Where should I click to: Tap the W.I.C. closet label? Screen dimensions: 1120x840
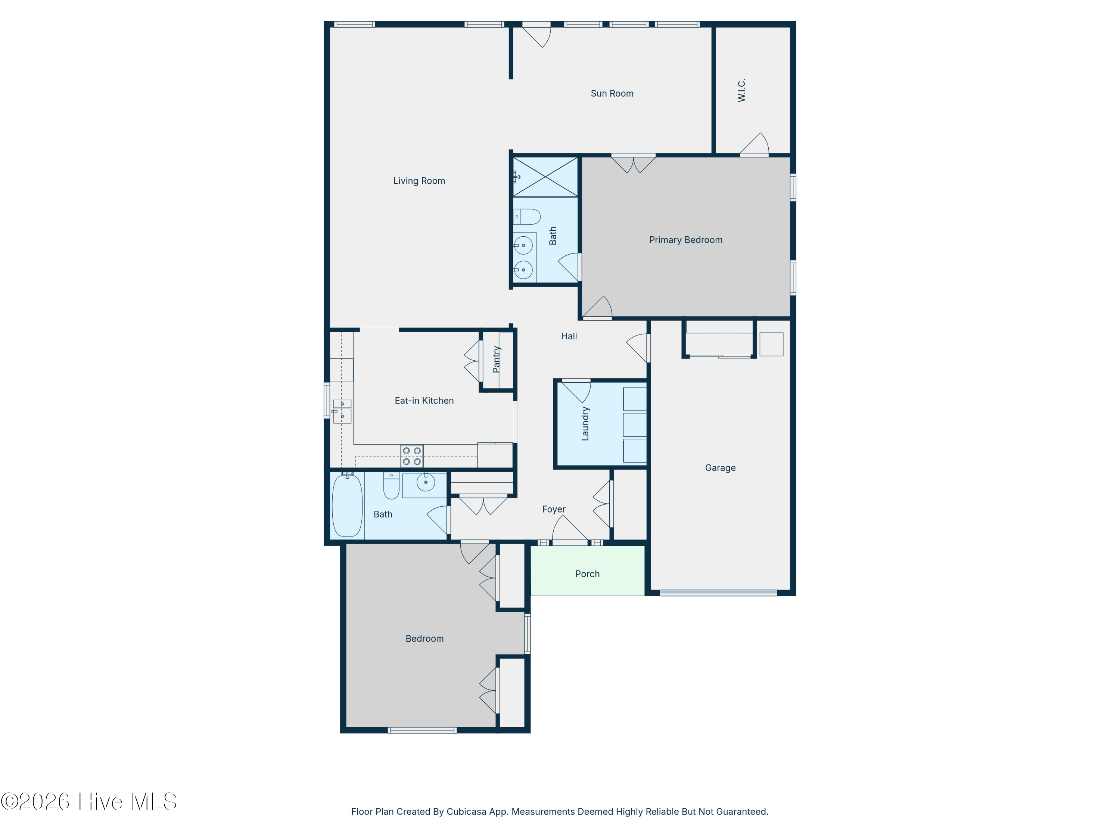click(x=742, y=90)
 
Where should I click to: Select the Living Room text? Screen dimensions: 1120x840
click(x=419, y=181)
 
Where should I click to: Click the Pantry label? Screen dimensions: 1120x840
click(x=497, y=360)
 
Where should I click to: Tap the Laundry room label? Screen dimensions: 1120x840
click(x=585, y=424)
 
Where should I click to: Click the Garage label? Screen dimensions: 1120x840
click(x=720, y=468)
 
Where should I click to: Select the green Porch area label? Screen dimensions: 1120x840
click(x=587, y=574)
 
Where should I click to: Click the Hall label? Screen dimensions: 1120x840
click(x=569, y=336)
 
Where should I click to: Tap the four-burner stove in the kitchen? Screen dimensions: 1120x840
click(x=412, y=456)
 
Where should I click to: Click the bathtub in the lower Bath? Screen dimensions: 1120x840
click(x=347, y=505)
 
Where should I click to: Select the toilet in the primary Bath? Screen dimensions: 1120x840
click(x=526, y=217)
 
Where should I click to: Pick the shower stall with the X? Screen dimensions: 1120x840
click(x=545, y=177)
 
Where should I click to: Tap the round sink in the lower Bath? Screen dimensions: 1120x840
click(x=426, y=482)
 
